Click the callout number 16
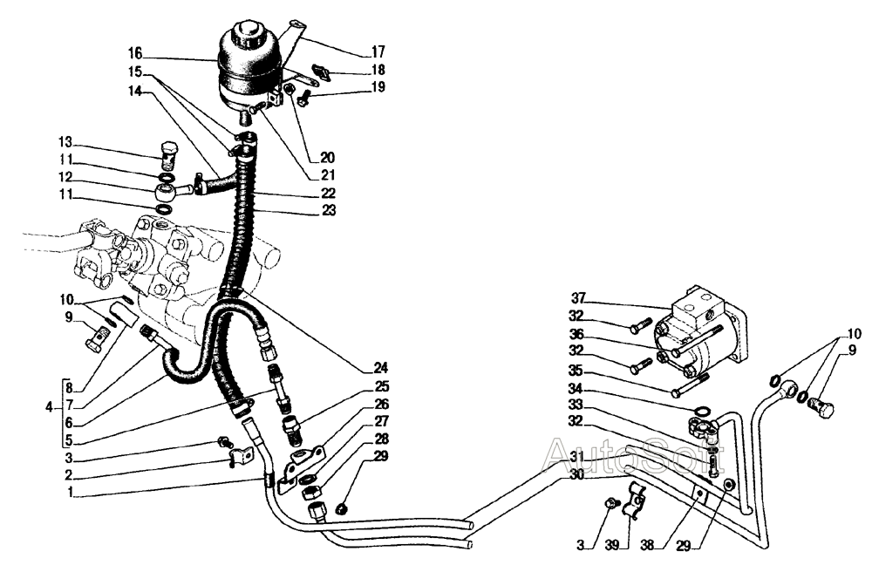click(x=135, y=54)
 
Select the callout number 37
click(x=579, y=298)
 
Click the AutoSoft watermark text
click(x=633, y=454)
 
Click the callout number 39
click(x=612, y=545)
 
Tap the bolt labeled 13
click(x=167, y=156)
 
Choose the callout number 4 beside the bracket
click(x=50, y=408)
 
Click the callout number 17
click(x=378, y=52)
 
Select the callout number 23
click(x=330, y=210)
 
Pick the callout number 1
click(x=70, y=492)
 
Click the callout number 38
click(x=647, y=545)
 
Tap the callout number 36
click(x=576, y=334)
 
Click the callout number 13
click(x=65, y=142)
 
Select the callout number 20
click(x=329, y=157)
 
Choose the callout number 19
click(x=378, y=87)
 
